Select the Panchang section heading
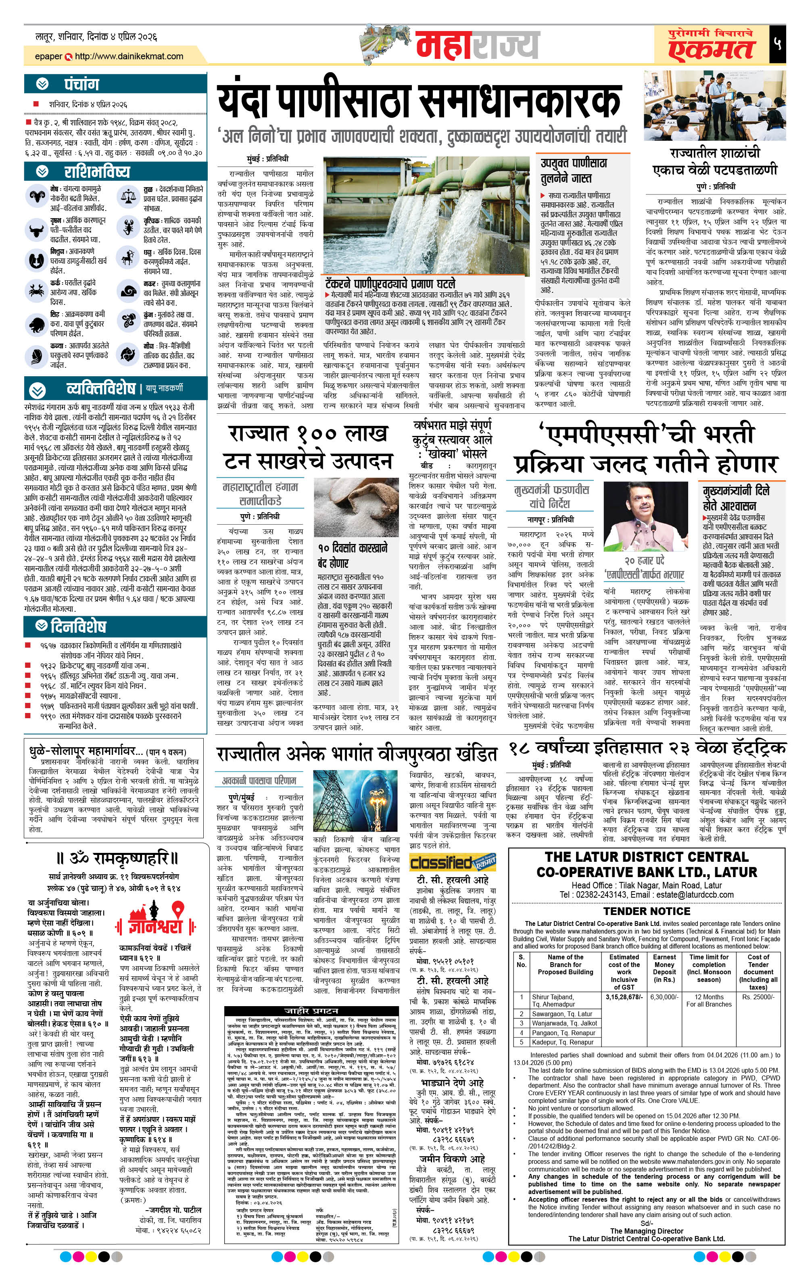pyautogui.click(x=81, y=84)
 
